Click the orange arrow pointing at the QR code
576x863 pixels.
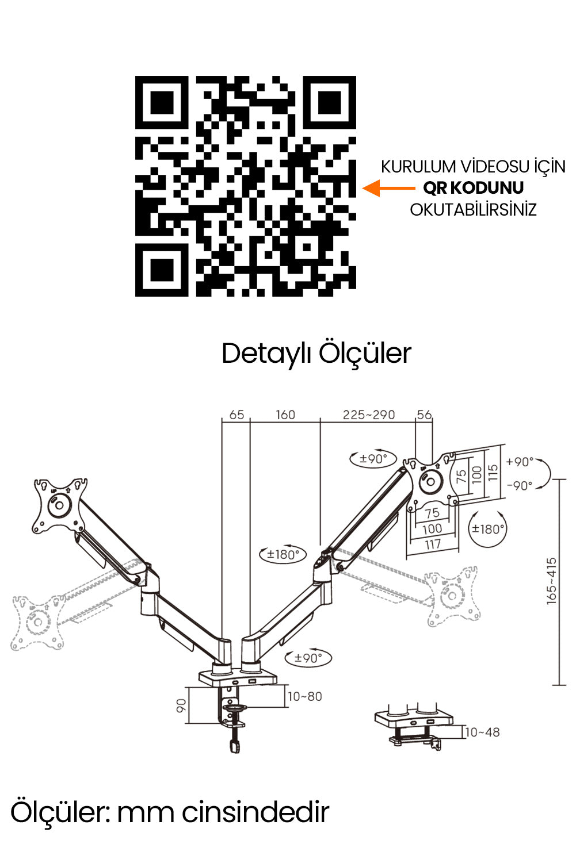388,188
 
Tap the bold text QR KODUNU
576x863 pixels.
473,188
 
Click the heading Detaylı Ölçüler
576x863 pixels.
316,354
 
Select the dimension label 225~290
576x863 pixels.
369,415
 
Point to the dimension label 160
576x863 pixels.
285,415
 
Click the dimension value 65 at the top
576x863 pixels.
236,415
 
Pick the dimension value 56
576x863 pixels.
424,415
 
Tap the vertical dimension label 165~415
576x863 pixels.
552,581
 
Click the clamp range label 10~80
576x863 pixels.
304,696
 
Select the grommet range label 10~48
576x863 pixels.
482,732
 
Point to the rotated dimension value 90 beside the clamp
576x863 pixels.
181,705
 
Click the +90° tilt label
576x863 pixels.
520,462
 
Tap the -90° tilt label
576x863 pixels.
520,485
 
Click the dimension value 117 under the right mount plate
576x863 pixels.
433,544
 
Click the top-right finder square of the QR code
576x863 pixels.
329,102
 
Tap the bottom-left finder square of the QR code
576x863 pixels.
162,270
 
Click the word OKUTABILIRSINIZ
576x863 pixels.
473,210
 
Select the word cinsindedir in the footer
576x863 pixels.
255,812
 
